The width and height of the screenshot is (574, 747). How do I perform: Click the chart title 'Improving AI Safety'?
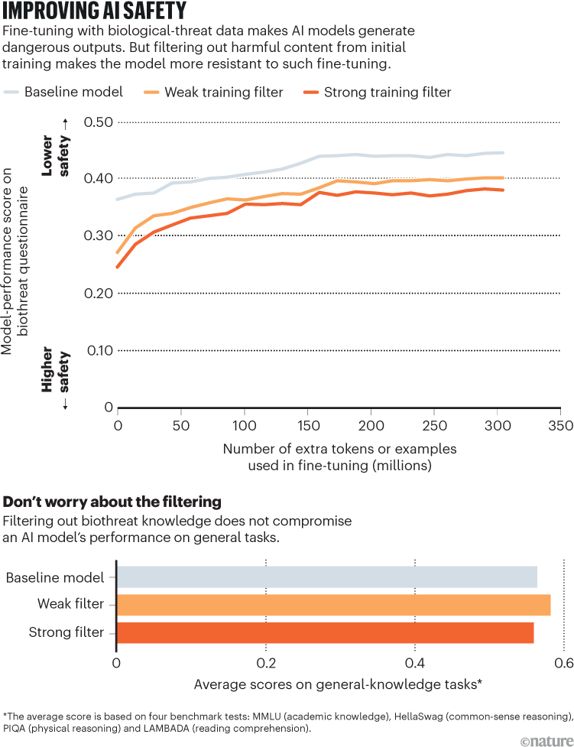pos(96,13)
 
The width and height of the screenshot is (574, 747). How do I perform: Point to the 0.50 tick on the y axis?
pos(98,122)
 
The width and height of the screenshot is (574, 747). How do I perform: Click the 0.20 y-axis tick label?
pos(98,294)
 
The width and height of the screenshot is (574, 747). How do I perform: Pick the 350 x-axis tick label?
pos(560,424)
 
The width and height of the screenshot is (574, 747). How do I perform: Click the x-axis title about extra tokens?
pos(339,456)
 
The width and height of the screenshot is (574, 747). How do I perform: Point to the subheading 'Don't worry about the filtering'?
pos(112,502)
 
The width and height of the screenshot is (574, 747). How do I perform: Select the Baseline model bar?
pos(327,577)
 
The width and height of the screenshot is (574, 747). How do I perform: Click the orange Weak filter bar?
pos(333,605)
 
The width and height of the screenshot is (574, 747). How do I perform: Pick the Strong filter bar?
pos(325,633)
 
